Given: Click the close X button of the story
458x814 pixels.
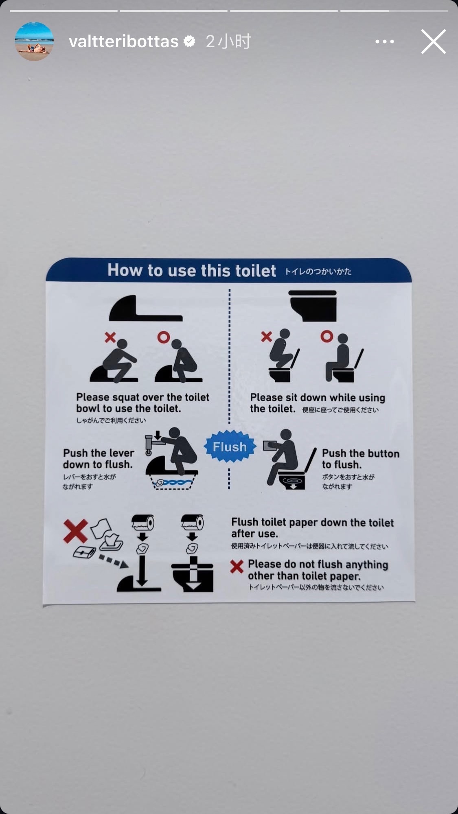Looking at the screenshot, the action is pos(433,42).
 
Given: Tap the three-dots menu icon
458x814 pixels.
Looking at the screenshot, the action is pos(384,42).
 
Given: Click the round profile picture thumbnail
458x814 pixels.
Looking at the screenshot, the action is pos(34,42).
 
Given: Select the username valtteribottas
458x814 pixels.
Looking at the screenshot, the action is pos(124,42).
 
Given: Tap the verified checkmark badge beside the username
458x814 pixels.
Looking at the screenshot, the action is pos(189,41).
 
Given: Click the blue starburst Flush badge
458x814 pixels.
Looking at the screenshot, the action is pos(230,446).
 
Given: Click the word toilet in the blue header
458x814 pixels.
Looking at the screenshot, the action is pos(256,271).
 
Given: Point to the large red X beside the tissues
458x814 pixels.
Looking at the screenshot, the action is pos(76,531).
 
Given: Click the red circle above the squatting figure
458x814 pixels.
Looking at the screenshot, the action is pos(164,337).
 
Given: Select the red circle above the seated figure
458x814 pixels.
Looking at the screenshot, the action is pos(327,336).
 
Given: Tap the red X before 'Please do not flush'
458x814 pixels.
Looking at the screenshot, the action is pos(237,566).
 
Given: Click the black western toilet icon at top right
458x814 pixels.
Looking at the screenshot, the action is pos(312,306).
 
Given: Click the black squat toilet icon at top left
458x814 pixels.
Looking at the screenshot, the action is pos(145,308).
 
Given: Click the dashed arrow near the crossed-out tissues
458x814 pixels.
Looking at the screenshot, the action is pos(114,561).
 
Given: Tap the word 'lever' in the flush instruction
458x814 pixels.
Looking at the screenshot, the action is pos(122,453).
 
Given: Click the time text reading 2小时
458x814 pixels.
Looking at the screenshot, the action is pos(228,42).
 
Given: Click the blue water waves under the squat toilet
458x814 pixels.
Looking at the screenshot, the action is pos(175,483).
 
